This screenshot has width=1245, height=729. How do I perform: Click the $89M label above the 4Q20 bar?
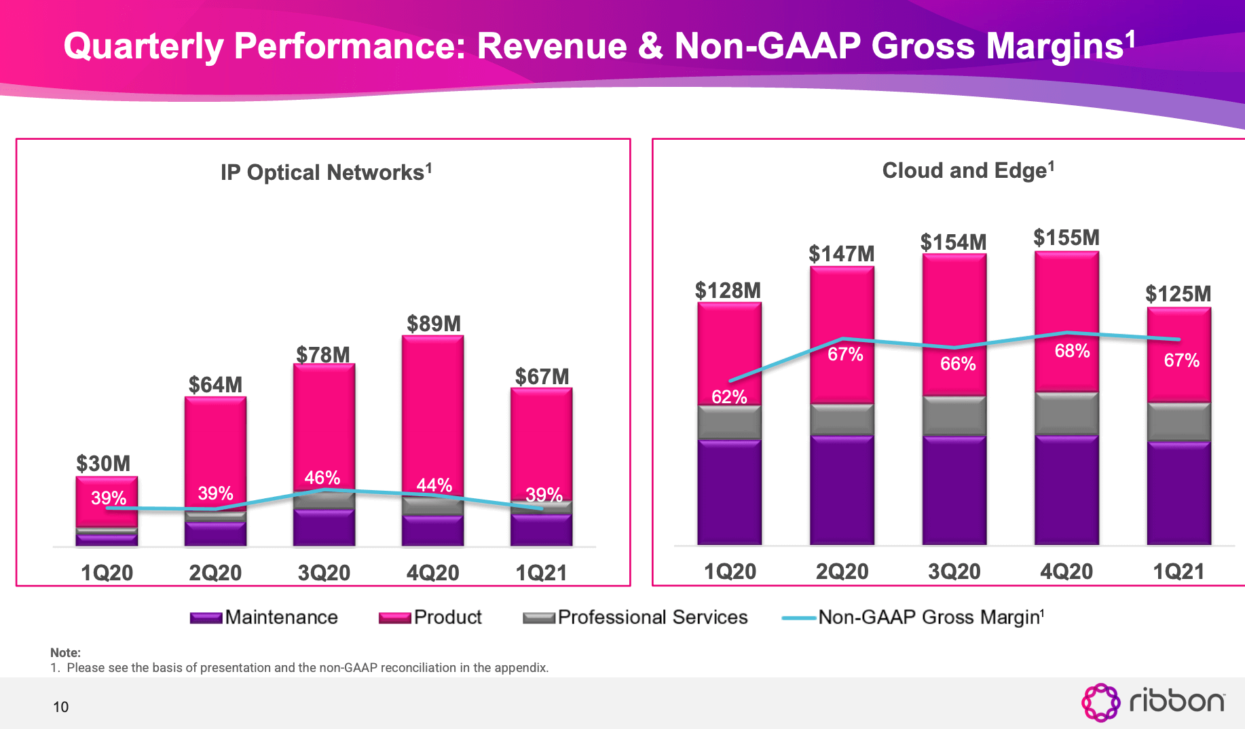(x=434, y=324)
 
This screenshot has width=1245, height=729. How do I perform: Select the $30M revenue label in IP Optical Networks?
(x=103, y=464)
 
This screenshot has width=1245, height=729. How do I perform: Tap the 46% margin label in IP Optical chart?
(x=322, y=478)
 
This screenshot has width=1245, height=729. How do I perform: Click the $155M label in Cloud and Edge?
(x=1066, y=238)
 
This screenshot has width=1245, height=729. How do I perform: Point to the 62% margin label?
(x=729, y=397)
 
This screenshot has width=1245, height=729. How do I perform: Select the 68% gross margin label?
(x=1072, y=351)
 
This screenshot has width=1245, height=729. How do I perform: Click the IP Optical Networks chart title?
(x=326, y=172)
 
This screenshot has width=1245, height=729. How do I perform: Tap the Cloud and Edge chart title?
(x=967, y=170)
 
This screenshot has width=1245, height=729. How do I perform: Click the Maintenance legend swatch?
(x=206, y=618)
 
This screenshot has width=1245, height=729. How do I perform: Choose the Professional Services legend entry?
(x=652, y=617)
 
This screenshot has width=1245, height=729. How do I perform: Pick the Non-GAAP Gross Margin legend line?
(x=798, y=618)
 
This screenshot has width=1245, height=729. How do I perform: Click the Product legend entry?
(x=447, y=617)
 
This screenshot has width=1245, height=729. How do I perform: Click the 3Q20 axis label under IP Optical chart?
(x=324, y=573)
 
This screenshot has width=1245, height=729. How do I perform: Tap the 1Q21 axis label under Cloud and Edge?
(x=1178, y=572)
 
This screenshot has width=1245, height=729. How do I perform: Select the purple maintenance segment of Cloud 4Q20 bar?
(x=1066, y=489)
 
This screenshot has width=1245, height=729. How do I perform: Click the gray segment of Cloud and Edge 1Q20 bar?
(x=729, y=422)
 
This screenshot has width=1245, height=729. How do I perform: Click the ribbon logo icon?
(x=1100, y=702)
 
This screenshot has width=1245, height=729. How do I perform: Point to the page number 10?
(x=61, y=707)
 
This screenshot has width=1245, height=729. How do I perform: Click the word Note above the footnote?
(x=65, y=652)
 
